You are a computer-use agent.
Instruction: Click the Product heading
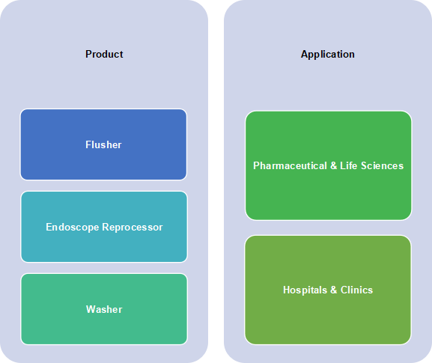(x=104, y=54)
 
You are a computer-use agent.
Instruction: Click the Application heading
(x=328, y=55)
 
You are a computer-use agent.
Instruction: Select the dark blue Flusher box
(x=103, y=144)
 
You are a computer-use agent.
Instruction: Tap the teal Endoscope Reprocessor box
(x=104, y=227)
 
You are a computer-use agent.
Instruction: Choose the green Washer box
(x=104, y=309)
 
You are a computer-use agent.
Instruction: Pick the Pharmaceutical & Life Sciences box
(x=329, y=165)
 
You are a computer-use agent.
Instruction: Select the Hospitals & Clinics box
(x=328, y=290)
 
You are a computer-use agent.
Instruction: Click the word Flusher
(x=103, y=144)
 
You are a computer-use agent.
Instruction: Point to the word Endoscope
(x=73, y=228)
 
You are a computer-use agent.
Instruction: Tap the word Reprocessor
(x=133, y=228)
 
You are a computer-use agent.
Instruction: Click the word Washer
(x=104, y=309)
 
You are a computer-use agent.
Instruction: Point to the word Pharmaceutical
(x=290, y=166)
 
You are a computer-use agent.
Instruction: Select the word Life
(x=349, y=165)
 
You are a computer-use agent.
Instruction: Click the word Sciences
(x=383, y=166)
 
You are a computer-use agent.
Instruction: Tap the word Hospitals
(x=305, y=290)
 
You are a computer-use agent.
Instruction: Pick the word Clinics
(x=357, y=290)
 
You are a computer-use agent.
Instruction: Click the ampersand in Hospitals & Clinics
(x=334, y=290)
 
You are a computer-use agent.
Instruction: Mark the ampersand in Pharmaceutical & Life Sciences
(x=333, y=165)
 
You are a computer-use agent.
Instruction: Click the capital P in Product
(x=88, y=54)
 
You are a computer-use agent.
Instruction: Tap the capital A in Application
(x=305, y=54)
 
